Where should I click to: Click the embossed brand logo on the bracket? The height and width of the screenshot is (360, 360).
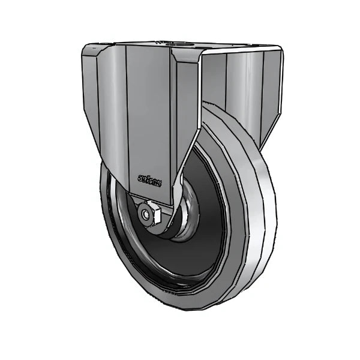pos(149,178)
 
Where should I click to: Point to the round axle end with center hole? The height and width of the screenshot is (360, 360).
pos(145,214)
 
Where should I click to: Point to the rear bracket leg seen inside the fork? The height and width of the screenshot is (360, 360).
pos(240,90)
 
